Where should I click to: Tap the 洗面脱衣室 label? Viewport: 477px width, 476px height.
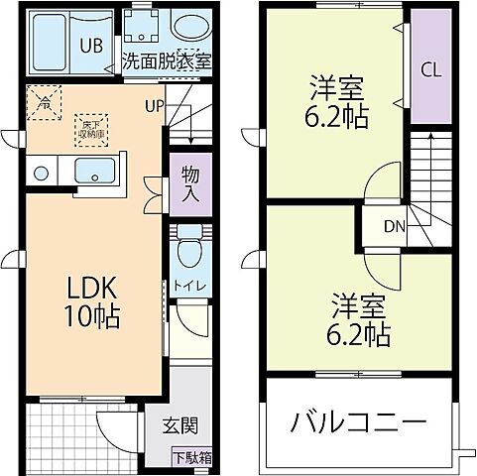pos(167,60)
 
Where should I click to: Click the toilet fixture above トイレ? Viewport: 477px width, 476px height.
pos(188,251)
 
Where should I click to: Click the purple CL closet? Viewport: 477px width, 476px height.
pos(430,69)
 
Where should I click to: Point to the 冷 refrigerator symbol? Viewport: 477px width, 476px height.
pos(45,100)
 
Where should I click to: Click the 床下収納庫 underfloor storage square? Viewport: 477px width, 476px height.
pos(88,127)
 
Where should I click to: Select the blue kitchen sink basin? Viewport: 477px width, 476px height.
pos(95,171)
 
